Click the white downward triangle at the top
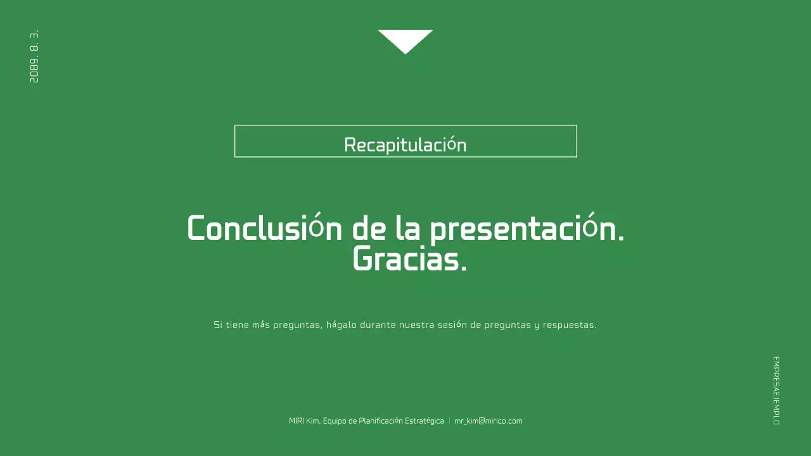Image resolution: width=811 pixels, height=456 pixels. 405,39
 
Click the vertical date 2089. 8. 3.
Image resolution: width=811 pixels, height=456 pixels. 34,56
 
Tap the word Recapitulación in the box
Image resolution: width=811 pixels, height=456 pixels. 405,145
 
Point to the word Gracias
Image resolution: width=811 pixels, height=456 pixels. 409,259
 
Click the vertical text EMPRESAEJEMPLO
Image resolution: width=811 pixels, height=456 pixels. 776,390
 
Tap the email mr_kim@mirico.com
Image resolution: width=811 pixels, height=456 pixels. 488,421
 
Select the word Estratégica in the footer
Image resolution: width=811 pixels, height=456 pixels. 424,421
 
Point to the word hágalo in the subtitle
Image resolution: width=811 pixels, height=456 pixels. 342,325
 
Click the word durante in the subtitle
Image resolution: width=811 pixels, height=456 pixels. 378,325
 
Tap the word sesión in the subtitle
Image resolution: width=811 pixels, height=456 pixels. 452,325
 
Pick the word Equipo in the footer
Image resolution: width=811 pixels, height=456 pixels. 335,421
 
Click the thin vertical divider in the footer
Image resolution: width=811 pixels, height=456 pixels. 449,421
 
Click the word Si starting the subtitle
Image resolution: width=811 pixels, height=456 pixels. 217,325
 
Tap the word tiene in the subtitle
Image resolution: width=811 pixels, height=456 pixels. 237,325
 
